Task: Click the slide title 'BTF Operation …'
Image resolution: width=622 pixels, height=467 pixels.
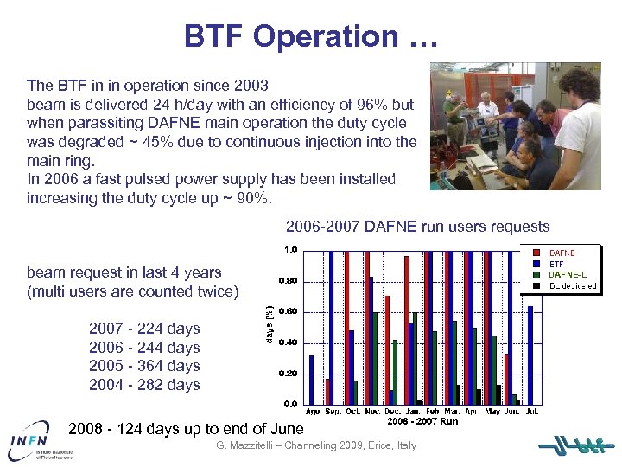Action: point(311,36)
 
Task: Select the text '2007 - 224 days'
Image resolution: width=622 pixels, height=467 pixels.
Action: point(144,329)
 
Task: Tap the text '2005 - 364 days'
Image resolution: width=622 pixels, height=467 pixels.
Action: point(144,366)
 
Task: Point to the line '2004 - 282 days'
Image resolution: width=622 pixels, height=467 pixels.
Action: point(144,385)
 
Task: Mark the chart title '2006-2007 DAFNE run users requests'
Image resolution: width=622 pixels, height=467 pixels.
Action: point(417,227)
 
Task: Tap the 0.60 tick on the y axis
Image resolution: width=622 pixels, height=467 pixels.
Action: point(288,311)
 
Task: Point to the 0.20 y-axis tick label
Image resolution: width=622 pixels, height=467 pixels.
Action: point(288,374)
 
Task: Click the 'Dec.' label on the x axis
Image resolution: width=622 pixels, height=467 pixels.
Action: point(392,413)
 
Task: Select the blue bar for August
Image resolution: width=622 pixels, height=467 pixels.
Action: point(312,380)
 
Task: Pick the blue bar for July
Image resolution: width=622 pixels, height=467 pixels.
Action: point(530,355)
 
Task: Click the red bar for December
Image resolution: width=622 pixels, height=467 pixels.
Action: point(387,349)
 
